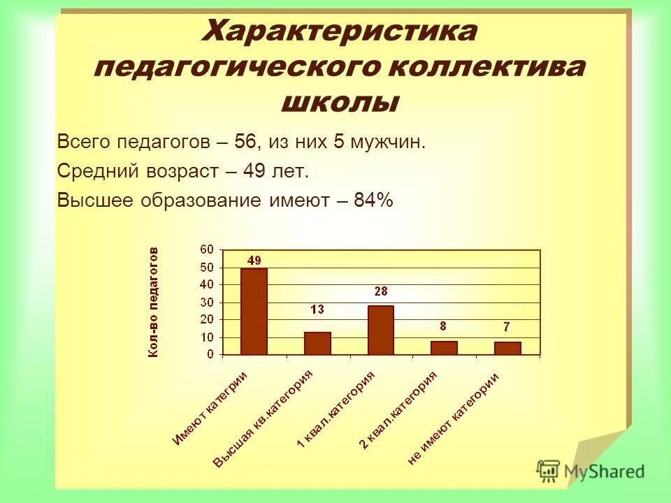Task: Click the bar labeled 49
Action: (x=254, y=311)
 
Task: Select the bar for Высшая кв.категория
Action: (x=317, y=343)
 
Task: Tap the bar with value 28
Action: (x=381, y=330)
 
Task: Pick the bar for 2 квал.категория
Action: (x=444, y=347)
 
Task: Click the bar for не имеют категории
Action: (x=507, y=348)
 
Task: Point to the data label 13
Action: (x=317, y=309)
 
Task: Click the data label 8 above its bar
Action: (x=443, y=326)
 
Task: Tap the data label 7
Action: (x=507, y=327)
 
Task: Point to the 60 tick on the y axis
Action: (x=208, y=250)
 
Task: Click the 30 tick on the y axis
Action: (x=208, y=302)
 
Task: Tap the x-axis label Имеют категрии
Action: (x=210, y=408)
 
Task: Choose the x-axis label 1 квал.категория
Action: (x=336, y=409)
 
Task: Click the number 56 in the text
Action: (x=245, y=142)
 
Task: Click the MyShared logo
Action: (x=591, y=470)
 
